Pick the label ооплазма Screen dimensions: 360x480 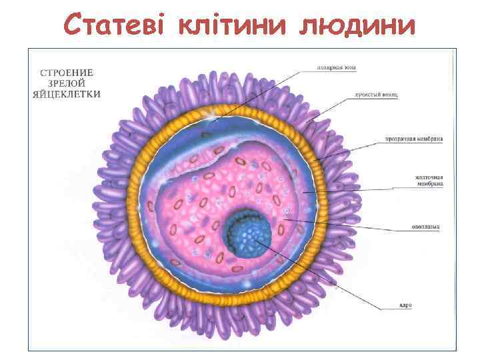pyautogui.click(x=426, y=227)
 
